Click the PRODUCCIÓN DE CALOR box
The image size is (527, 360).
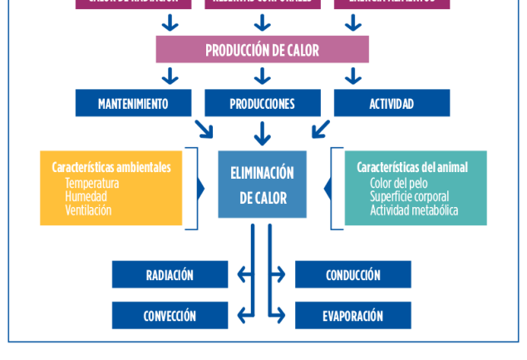tap(262, 50)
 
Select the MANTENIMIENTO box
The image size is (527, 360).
tap(133, 104)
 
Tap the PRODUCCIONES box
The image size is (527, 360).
tap(262, 104)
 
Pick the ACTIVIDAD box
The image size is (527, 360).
tap(392, 104)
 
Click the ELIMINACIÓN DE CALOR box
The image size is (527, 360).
tap(262, 185)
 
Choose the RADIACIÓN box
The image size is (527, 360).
tap(170, 274)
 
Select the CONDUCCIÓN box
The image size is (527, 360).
tap(353, 274)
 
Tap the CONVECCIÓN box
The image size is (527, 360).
tap(170, 315)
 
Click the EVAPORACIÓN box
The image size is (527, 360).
tap(353, 315)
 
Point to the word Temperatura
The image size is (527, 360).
tap(92, 183)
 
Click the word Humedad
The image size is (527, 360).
tap(86, 197)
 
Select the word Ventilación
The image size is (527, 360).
tap(88, 210)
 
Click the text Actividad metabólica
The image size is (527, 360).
tap(414, 210)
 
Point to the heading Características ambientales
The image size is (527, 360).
tap(111, 167)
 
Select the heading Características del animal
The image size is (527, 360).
tap(412, 167)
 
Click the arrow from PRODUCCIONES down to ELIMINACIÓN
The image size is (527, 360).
tap(263, 132)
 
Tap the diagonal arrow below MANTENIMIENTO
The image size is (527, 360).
tap(203, 128)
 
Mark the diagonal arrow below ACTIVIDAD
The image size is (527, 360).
tap(321, 128)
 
